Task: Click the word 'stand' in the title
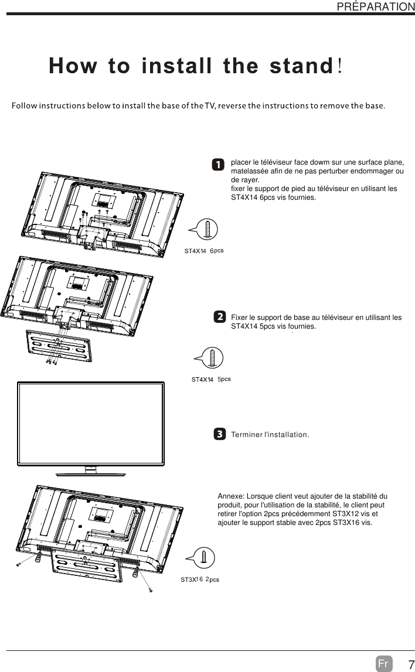pos(301,66)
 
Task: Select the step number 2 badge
pos(219,317)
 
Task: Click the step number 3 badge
pos(219,434)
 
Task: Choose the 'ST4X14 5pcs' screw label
pos(211,379)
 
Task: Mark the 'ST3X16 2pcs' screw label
pos(199,579)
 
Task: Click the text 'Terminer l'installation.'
pos(270,435)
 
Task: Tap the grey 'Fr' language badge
pos(383,664)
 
